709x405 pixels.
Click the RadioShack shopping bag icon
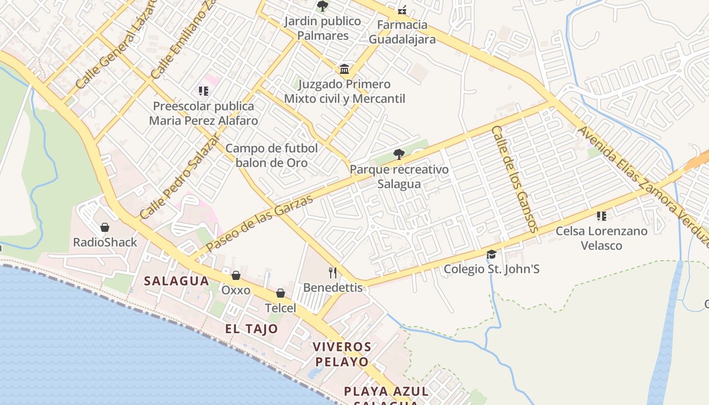pos(105,227)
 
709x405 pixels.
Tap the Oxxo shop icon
pos(235,275)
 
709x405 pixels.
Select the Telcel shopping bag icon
pos(281,293)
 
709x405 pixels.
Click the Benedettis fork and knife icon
pos(333,273)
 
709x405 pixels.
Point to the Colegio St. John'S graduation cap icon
pos(491,254)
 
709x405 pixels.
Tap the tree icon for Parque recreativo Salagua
pos(399,154)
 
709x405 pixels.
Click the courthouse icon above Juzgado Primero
pos(344,69)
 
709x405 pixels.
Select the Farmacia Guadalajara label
pos(402,32)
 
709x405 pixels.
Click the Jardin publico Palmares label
pos(323,28)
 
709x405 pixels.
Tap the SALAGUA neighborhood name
pos(176,281)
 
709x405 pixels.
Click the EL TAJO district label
pos(252,329)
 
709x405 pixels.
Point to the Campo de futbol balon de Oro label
pos(271,155)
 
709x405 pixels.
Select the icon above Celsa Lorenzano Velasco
pos(601,216)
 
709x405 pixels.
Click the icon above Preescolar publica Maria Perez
pos(203,91)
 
